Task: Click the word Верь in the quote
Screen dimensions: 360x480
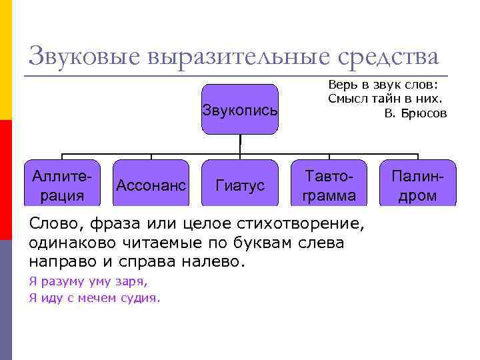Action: [x=340, y=85]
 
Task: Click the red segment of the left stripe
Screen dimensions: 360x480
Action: [x=6, y=180]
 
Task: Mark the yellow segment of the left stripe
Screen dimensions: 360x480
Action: [x=6, y=60]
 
